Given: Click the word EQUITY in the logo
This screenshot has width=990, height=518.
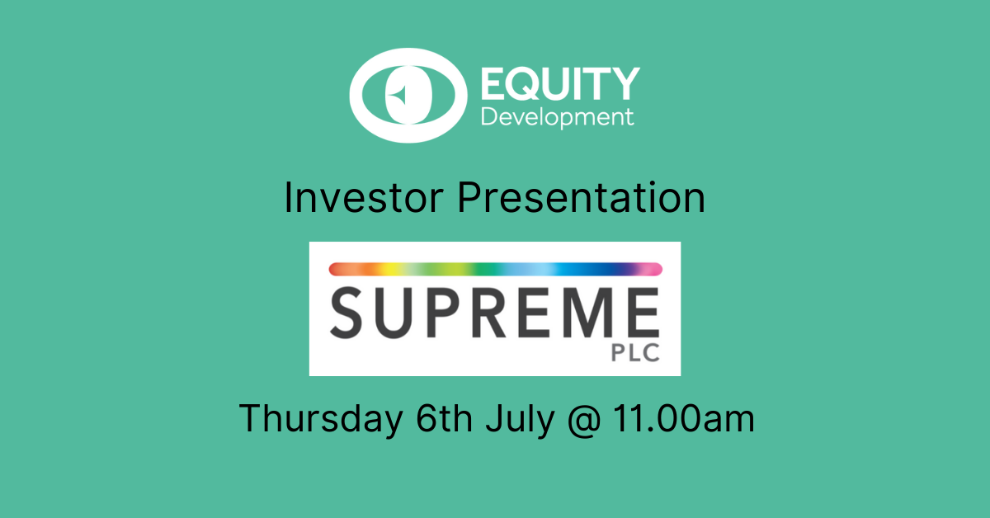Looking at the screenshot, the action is pos(560,83).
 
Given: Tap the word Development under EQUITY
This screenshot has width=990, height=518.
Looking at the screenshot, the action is pos(558,118).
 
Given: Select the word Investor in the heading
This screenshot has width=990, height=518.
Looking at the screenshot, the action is pos(364,198).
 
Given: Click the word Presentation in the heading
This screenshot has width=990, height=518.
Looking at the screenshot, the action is pos(581,198).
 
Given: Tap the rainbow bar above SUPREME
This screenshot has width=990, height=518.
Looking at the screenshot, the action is pos(496,269).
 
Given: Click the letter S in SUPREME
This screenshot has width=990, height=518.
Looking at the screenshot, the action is pos(346,313).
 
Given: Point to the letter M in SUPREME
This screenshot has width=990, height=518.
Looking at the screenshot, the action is pos(582,313).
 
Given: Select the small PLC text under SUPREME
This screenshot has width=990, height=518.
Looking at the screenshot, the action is pos(635,353).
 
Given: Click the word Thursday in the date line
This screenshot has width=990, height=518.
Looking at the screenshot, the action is pos(321,418).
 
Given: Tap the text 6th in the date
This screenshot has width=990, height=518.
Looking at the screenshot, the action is pos(444,417).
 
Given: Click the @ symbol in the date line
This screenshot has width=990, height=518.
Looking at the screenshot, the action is pos(584,420).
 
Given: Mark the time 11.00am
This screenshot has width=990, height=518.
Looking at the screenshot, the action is pos(684,418).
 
